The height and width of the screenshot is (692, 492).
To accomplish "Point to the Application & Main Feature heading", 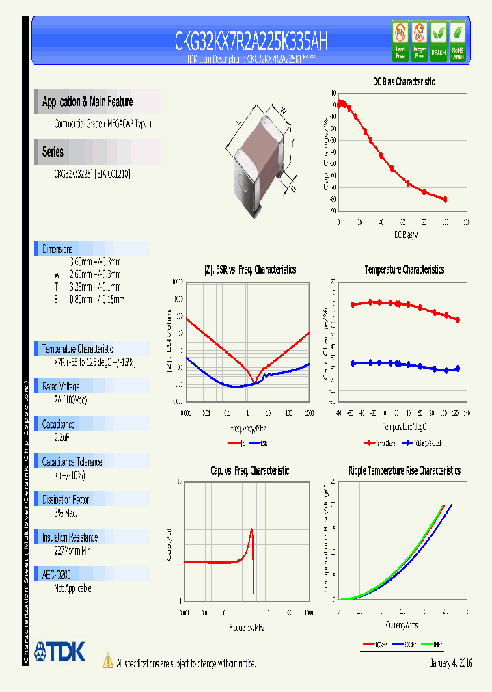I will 87,102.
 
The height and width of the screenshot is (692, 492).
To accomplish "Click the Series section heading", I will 53,152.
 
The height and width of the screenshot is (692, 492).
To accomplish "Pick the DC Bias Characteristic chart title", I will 403,81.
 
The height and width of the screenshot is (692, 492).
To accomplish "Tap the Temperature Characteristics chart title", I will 404,269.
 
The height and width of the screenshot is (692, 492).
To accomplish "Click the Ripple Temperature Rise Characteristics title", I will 404,470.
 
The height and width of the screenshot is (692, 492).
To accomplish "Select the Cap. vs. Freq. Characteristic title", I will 249,470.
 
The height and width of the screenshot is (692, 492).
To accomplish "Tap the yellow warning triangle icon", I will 107,660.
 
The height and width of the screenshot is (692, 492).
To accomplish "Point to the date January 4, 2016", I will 451,663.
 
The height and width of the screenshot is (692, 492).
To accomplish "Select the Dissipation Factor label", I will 71,500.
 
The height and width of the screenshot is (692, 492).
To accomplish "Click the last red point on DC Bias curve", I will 445,199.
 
